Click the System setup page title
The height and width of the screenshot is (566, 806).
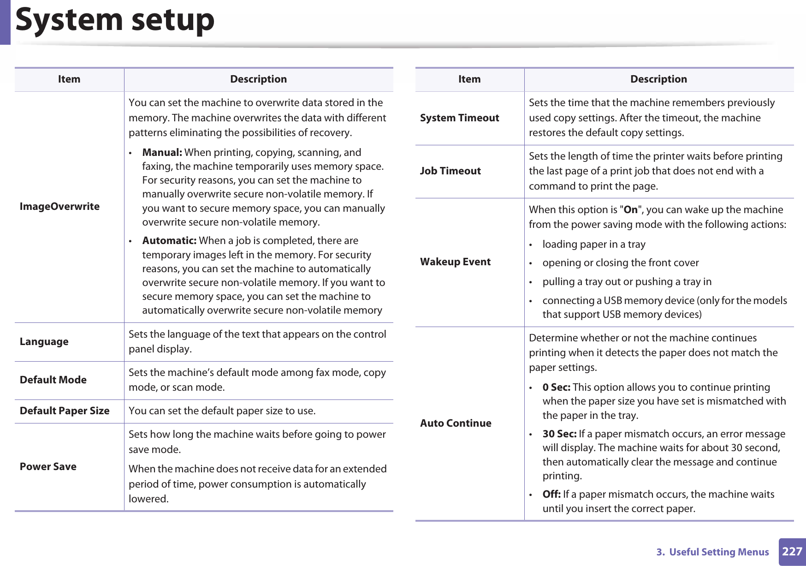(115, 20)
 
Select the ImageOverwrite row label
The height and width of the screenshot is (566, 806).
(59, 206)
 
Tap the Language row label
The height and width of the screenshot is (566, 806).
(44, 342)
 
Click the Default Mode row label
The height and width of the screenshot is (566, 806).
(53, 380)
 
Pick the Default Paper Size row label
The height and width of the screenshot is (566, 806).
(65, 411)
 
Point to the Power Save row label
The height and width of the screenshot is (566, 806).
(48, 467)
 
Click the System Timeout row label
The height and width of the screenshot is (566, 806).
(459, 118)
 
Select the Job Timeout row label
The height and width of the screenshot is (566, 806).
(450, 171)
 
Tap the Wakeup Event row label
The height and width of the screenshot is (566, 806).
(455, 262)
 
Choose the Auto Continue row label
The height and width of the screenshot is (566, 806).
(456, 423)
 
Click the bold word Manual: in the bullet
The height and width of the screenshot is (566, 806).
(162, 153)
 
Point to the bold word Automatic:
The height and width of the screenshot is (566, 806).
(169, 241)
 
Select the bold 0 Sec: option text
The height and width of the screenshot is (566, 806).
(556, 387)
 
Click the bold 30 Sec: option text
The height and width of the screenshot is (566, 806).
(559, 434)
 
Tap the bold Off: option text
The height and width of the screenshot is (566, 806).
(551, 495)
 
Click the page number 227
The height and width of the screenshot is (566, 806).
(792, 552)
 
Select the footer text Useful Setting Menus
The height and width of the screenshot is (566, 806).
(718, 552)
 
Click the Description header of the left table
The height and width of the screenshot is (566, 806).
(258, 79)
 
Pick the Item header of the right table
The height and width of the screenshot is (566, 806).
(469, 79)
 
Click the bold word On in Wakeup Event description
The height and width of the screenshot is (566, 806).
(630, 210)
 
